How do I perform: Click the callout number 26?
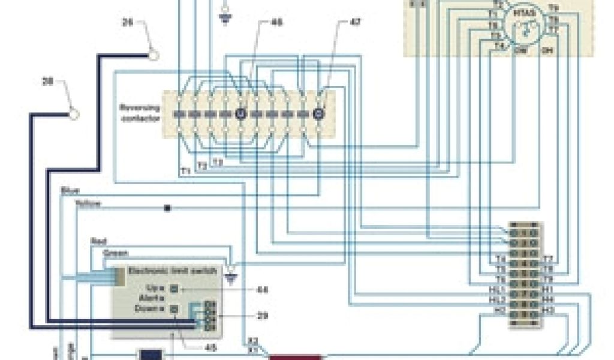[127, 23]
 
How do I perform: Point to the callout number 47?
[356, 23]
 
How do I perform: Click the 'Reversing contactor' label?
[140, 113]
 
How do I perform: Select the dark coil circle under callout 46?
[241, 113]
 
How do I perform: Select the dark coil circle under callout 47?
[318, 113]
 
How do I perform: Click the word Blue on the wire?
[70, 191]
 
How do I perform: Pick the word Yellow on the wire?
[88, 204]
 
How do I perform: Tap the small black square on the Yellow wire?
[167, 208]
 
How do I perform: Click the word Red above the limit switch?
[98, 241]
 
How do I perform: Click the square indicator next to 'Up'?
[174, 289]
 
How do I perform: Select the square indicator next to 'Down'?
[174, 309]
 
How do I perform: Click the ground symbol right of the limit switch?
[233, 277]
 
